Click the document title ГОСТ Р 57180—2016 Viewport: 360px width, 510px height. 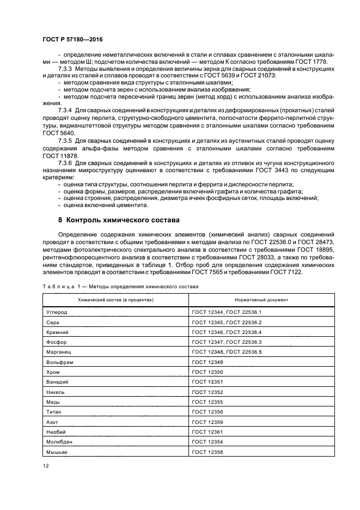point(72,40)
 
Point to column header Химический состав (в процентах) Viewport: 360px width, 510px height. point(116,300)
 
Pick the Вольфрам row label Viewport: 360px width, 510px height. point(59,362)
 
